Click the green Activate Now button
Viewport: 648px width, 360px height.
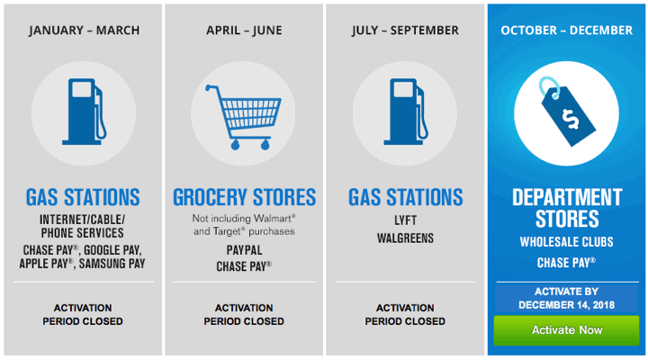click(566, 329)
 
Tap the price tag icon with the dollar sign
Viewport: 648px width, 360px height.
click(567, 112)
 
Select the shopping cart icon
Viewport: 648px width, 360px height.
click(243, 117)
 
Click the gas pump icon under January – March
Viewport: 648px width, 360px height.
click(85, 112)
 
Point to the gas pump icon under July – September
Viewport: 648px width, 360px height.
click(406, 112)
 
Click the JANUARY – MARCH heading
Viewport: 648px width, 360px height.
click(85, 31)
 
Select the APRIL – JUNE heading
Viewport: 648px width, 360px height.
click(244, 31)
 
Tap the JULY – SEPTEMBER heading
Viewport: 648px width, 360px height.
click(405, 31)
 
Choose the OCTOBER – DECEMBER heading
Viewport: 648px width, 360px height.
click(567, 31)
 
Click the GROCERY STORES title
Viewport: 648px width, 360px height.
click(244, 197)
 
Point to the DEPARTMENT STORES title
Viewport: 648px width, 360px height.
click(567, 208)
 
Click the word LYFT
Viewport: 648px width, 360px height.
click(405, 220)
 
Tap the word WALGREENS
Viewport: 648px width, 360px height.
click(405, 238)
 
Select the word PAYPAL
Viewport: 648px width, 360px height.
click(244, 250)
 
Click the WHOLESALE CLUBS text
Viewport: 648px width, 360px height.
click(567, 242)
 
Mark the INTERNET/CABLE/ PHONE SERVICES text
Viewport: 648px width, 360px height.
click(82, 226)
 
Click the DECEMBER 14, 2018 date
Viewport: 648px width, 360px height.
click(567, 305)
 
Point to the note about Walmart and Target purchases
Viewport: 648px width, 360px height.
click(244, 225)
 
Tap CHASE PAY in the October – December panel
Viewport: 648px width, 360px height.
click(566, 263)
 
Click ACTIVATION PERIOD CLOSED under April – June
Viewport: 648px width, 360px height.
click(244, 314)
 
